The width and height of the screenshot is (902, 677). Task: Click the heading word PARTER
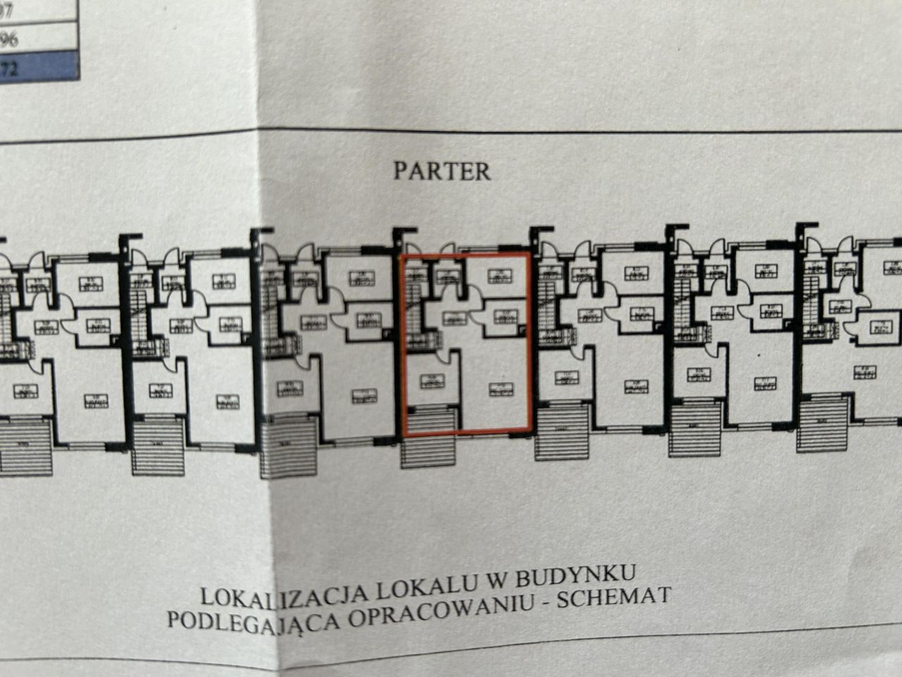pyautogui.click(x=442, y=171)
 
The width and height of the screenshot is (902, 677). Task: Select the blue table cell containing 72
pyautogui.click(x=39, y=68)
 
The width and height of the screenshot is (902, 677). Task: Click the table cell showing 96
pyautogui.click(x=39, y=38)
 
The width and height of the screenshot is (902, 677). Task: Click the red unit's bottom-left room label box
pyautogui.click(x=430, y=382)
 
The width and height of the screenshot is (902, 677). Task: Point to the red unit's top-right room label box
pyautogui.click(x=498, y=275)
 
